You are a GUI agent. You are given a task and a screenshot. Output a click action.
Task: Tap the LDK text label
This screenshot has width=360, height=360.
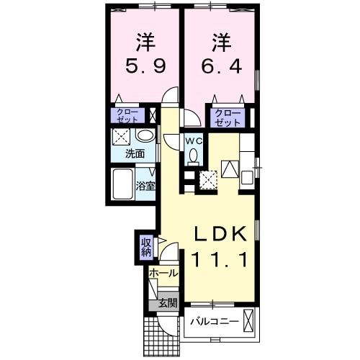coord(220,235)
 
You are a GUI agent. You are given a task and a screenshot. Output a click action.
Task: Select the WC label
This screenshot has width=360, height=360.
coord(193,142)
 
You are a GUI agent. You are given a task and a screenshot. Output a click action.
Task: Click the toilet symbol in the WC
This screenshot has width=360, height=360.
coord(192,158)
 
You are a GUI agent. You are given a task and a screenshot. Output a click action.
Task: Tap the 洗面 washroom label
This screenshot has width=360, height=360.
coord(134,153)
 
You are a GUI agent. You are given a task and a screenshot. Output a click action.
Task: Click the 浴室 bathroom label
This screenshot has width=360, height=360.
coord(145,186)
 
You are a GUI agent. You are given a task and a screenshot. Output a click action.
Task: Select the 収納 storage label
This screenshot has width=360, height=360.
coord(146,247)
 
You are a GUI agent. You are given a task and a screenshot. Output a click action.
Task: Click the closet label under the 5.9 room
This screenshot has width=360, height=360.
coord(129,116)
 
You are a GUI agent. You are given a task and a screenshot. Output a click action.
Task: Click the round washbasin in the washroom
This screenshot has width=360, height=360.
coord(144,135)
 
